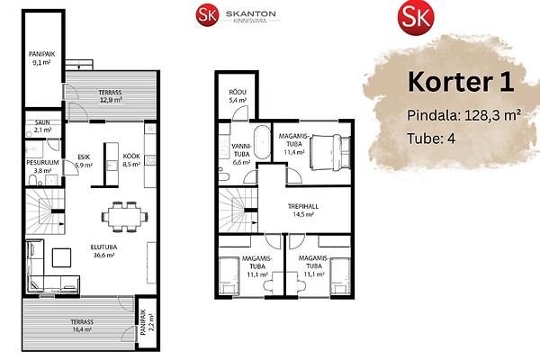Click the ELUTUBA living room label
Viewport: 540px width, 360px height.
103,251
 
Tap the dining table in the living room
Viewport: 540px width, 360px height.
124,217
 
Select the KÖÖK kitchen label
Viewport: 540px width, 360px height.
131,160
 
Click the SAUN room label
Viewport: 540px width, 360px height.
42,126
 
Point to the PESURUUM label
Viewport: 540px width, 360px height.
42,166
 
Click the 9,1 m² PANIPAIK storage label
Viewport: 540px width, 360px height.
41,58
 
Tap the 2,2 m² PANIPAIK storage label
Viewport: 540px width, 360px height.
148,322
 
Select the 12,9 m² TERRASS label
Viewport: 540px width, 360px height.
110,96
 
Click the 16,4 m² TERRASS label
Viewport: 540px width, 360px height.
82,326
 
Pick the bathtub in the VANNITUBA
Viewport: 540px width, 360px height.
263,142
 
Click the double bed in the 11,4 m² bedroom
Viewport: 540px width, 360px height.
329,152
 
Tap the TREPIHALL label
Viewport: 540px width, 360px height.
303,210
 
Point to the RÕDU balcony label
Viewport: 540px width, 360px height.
238,96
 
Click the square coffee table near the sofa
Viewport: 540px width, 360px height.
61,257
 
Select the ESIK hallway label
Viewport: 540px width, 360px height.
84,161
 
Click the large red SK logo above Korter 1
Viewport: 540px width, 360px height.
416,17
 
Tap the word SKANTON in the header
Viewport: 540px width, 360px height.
251,13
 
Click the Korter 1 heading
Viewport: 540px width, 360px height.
461,82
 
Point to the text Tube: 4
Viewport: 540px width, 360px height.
431,139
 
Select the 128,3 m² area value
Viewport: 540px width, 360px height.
492,115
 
